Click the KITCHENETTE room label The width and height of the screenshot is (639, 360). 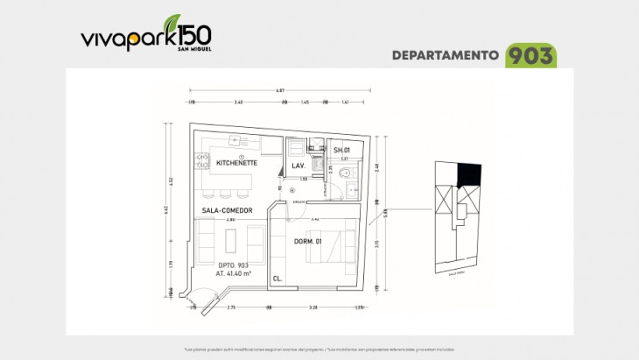[236, 163]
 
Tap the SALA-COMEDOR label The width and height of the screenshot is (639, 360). [227, 211]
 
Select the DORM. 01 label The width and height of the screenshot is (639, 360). [306, 242]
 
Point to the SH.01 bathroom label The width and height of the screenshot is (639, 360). [341, 151]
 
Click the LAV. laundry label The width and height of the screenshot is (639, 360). [298, 166]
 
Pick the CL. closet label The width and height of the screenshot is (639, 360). [277, 278]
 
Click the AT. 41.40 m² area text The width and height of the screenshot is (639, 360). [233, 273]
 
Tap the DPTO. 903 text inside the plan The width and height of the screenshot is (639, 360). [233, 265]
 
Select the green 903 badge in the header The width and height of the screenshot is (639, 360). [531, 56]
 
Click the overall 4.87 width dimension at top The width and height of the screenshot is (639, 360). [280, 90]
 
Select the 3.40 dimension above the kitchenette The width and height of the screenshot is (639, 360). [239, 102]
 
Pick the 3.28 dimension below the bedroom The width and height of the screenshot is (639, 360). [312, 308]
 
